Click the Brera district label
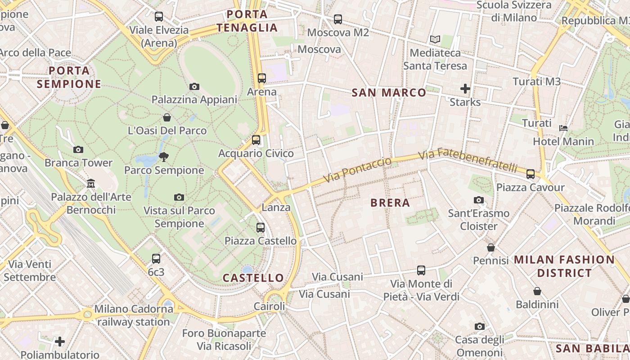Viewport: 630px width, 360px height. coord(390,203)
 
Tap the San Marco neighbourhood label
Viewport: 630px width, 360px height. coord(388,93)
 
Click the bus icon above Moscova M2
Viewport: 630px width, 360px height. coord(338,19)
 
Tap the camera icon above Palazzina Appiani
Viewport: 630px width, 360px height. coord(194,86)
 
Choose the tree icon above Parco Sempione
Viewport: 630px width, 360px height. coord(164,157)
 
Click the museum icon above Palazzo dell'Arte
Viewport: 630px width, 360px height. coord(91,184)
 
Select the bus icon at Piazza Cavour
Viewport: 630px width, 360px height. coord(531,174)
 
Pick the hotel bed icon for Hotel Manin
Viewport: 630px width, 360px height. coord(563,128)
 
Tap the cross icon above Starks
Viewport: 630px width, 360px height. coord(465,89)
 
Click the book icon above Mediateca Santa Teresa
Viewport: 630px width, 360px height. coord(435,40)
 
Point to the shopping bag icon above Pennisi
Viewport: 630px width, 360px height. coord(491,247)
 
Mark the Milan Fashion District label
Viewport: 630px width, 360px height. coord(564,266)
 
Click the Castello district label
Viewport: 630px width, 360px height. coord(253,278)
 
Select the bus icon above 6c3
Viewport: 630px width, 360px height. coord(156,259)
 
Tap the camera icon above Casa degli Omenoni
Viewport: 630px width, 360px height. coord(480,326)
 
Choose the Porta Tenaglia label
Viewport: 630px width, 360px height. coord(247,21)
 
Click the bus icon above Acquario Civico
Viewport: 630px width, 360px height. coord(256,140)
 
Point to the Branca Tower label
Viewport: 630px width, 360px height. coord(78,163)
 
